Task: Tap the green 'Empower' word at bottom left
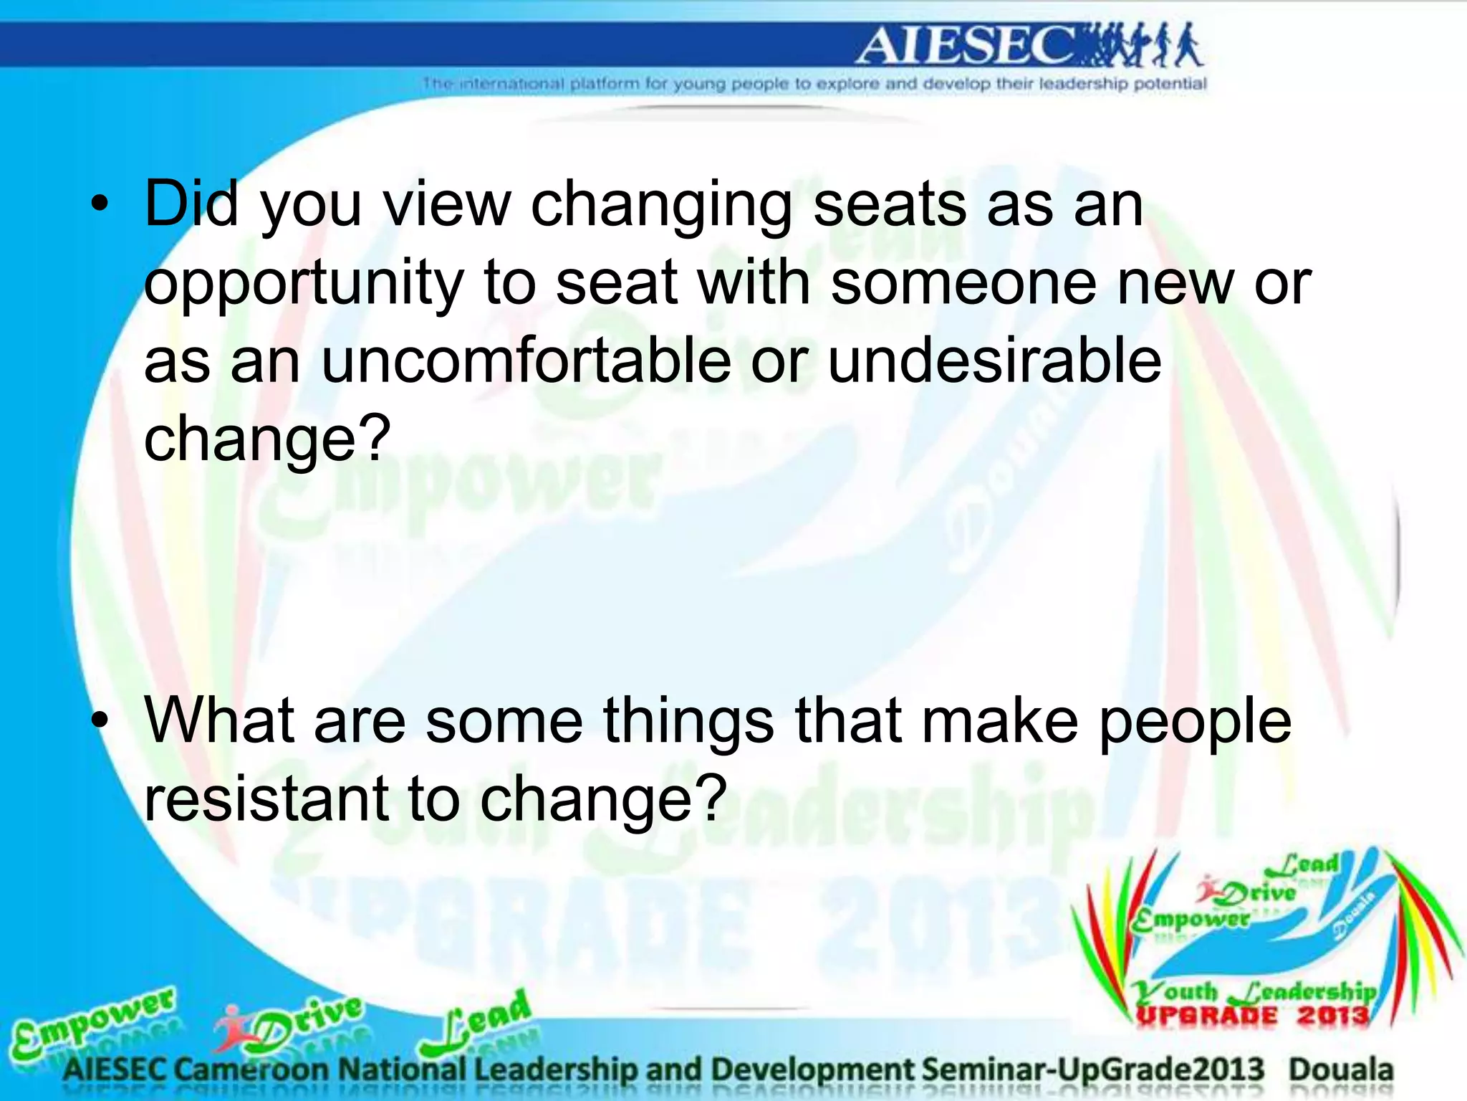click(93, 1021)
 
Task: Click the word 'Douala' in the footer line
click(1341, 1069)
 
